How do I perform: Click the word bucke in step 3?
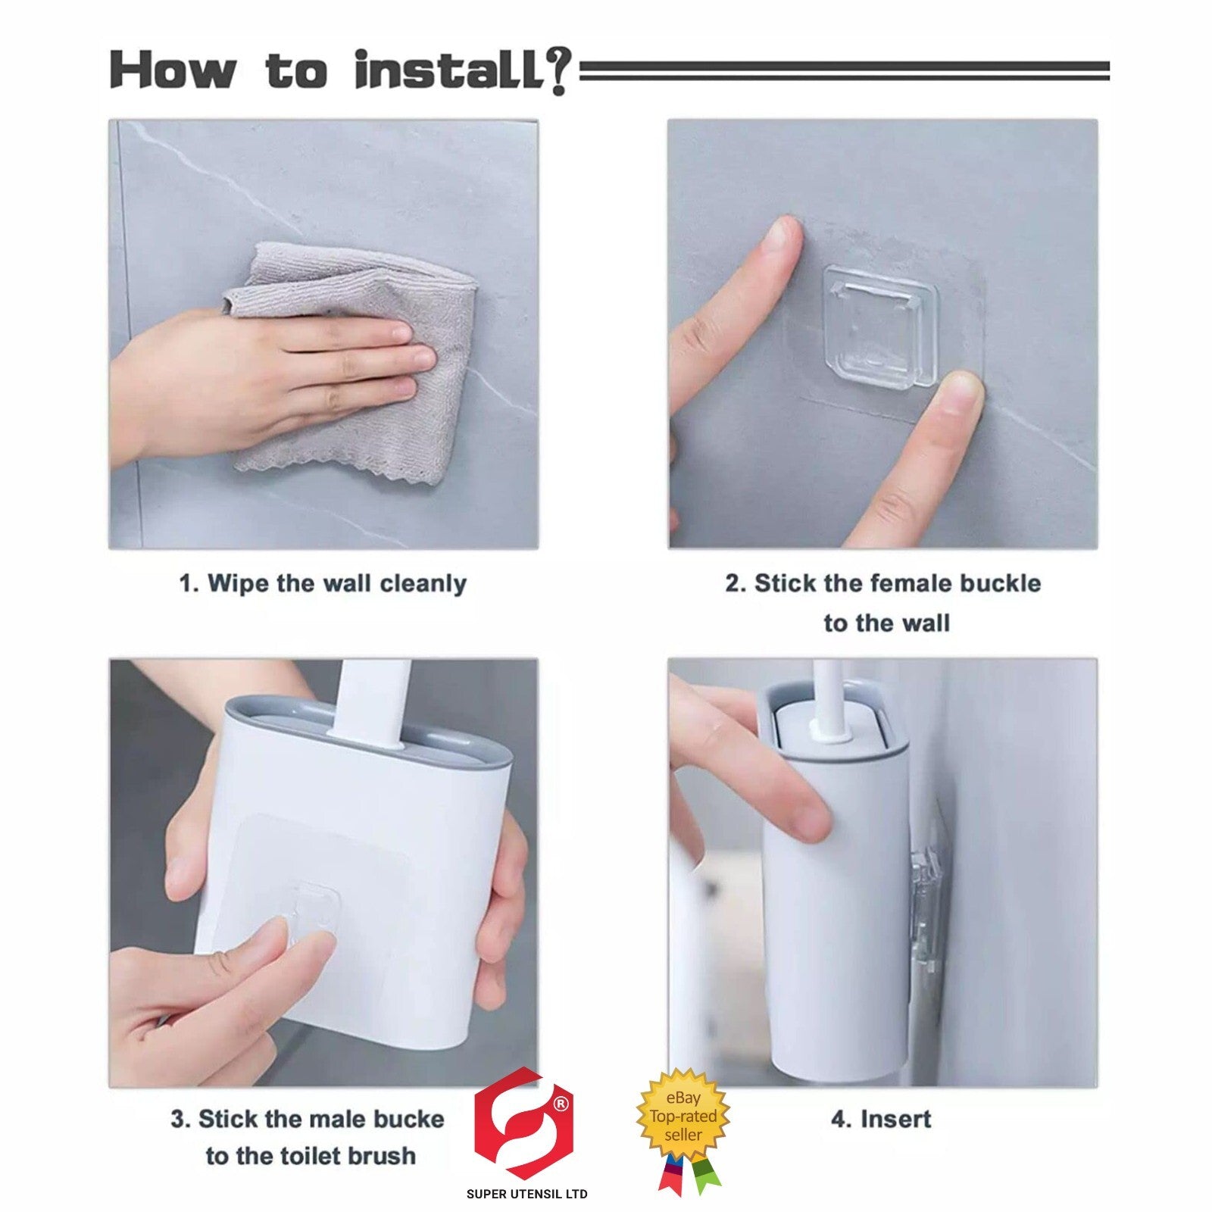(405, 1119)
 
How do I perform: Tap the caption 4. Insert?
(881, 1119)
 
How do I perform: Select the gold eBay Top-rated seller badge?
(683, 1116)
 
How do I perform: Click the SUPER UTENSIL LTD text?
(526, 1195)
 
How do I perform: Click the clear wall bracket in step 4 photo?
(928, 909)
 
